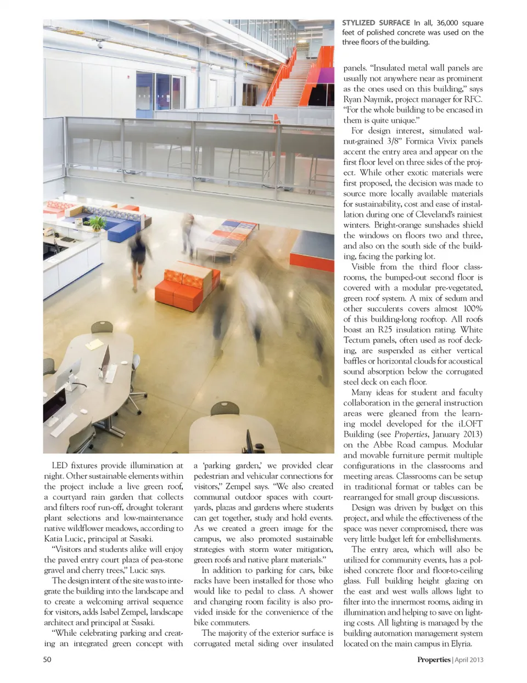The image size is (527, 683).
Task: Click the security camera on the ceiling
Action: pyautogui.click(x=99, y=46)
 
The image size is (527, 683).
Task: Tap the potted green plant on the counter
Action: pyautogui.click(x=97, y=223)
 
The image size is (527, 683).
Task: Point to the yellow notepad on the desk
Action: pyautogui.click(x=94, y=344)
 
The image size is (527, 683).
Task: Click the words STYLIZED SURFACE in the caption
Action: pyautogui.click(x=375, y=23)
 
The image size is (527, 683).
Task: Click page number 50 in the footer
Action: pyautogui.click(x=47, y=659)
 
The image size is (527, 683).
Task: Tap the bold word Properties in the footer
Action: pyautogui.click(x=433, y=659)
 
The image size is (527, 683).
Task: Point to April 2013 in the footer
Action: pyautogui.click(x=469, y=659)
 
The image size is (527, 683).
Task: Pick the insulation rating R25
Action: pyautogui.click(x=393, y=330)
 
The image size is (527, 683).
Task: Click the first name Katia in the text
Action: pyautogui.click(x=54, y=539)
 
